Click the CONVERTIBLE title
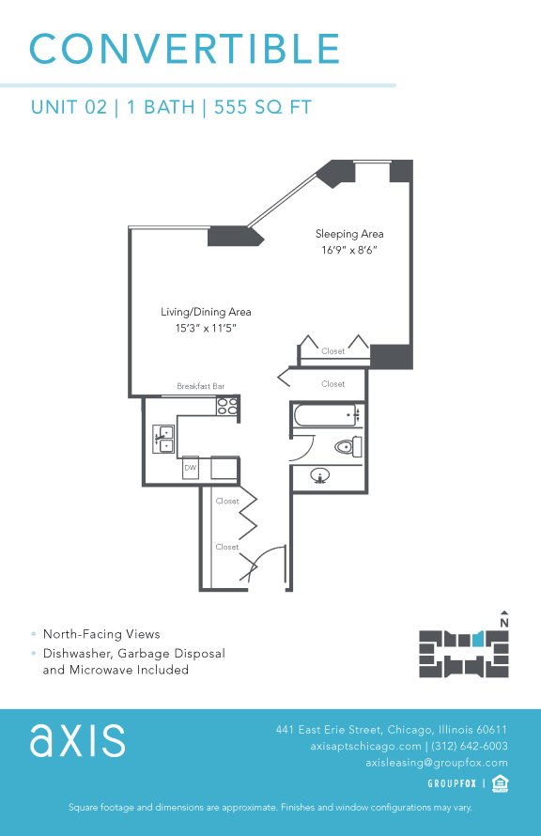tap(185, 49)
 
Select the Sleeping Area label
tap(349, 234)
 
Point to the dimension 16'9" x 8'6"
tap(349, 250)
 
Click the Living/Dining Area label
tap(205, 312)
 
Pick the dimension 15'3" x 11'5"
tap(205, 329)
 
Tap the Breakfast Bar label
tap(201, 386)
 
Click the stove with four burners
tap(227, 406)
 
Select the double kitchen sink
tap(164, 439)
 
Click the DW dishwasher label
tap(191, 467)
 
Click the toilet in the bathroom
tap(347, 447)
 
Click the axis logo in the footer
tap(77, 739)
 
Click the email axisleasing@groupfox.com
tap(436, 763)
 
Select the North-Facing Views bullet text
tap(101, 634)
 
